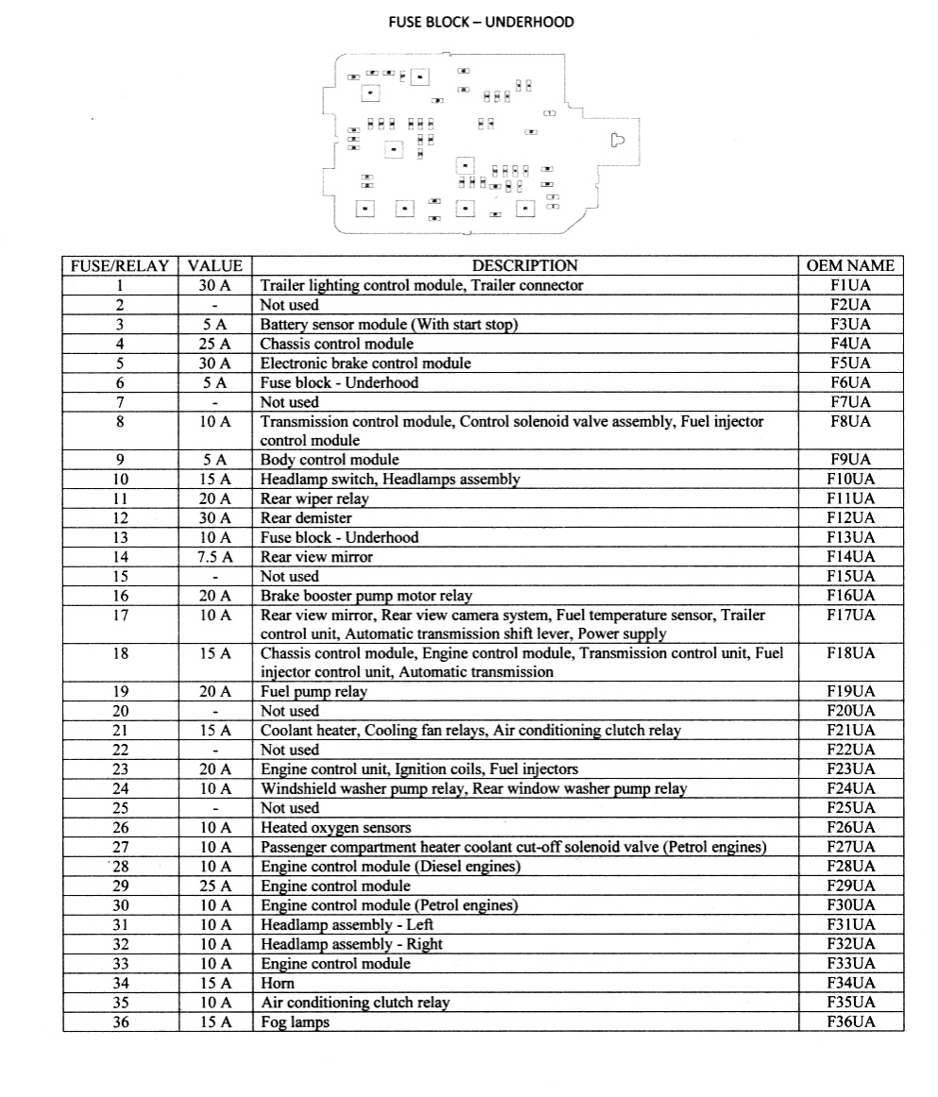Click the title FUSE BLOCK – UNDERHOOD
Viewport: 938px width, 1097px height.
coord(481,22)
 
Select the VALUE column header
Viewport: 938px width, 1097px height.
coord(215,266)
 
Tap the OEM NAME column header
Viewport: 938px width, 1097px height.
coord(850,266)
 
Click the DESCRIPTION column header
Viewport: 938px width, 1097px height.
coord(524,266)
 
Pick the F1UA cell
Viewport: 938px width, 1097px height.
coord(850,285)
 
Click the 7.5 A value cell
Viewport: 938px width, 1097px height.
coord(215,557)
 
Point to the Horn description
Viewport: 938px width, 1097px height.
coord(278,983)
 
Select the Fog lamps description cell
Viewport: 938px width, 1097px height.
coord(295,1021)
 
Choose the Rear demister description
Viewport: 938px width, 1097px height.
coord(306,518)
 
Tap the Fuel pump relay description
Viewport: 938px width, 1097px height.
coord(314,692)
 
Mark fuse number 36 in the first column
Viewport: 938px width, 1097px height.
coord(120,1021)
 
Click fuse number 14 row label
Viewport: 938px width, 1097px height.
coord(120,557)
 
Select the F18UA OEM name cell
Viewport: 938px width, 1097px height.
coord(850,653)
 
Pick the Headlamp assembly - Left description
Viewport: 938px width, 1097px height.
coord(347,925)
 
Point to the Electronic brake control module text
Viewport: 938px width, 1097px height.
coord(366,363)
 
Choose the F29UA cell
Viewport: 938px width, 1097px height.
coord(850,886)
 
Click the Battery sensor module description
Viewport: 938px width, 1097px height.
coord(389,325)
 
